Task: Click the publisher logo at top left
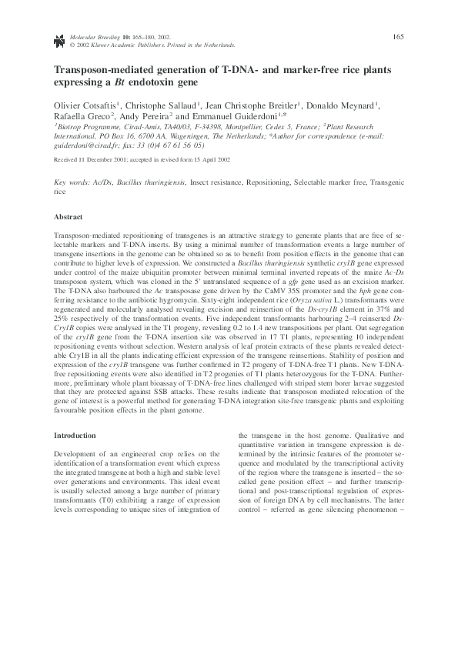click(59, 38)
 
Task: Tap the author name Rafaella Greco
click(82, 118)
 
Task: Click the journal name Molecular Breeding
click(95, 36)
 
